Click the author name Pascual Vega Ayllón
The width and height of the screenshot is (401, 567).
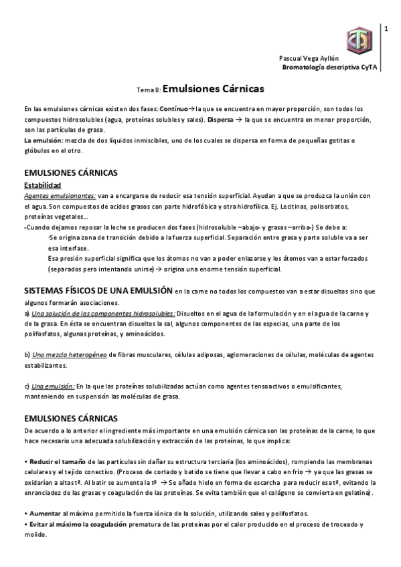point(310,59)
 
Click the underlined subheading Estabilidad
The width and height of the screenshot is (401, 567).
point(42,185)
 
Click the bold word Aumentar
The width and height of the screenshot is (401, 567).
point(43,513)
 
